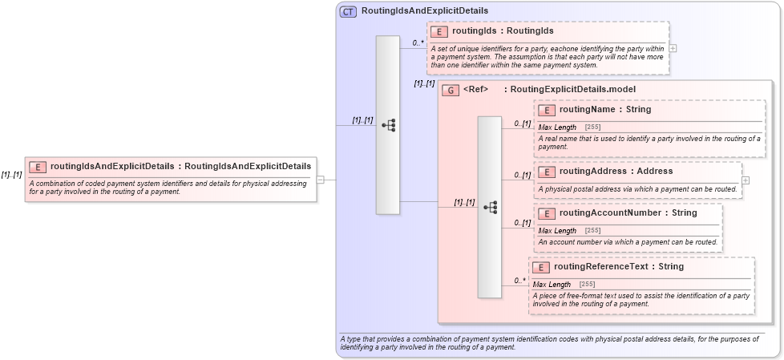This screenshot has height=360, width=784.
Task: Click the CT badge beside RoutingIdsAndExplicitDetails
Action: coord(348,11)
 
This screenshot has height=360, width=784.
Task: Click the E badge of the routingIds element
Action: coord(438,31)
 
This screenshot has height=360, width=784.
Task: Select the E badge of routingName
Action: coord(548,110)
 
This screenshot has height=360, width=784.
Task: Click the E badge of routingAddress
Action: coord(548,172)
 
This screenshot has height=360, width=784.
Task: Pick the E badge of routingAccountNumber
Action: coord(548,213)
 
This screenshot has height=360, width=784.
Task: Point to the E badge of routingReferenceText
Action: coord(542,267)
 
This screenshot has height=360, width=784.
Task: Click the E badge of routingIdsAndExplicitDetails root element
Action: coord(37,167)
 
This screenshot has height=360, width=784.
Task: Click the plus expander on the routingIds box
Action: coord(673,48)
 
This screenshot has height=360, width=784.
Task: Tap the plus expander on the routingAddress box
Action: coord(746,180)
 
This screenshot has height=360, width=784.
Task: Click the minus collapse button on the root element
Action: coord(320,180)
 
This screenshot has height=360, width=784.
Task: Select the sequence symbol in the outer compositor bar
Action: coord(388,125)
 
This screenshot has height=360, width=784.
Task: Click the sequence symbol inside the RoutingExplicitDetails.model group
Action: coord(490,207)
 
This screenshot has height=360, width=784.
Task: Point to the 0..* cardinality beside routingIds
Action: coord(418,42)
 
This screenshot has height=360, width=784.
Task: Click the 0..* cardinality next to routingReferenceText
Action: coord(519,281)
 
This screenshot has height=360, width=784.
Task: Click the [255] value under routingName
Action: coord(593,127)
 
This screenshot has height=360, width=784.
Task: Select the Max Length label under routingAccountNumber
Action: coord(557,231)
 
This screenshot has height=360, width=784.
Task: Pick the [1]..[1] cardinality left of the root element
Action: coord(11,175)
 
